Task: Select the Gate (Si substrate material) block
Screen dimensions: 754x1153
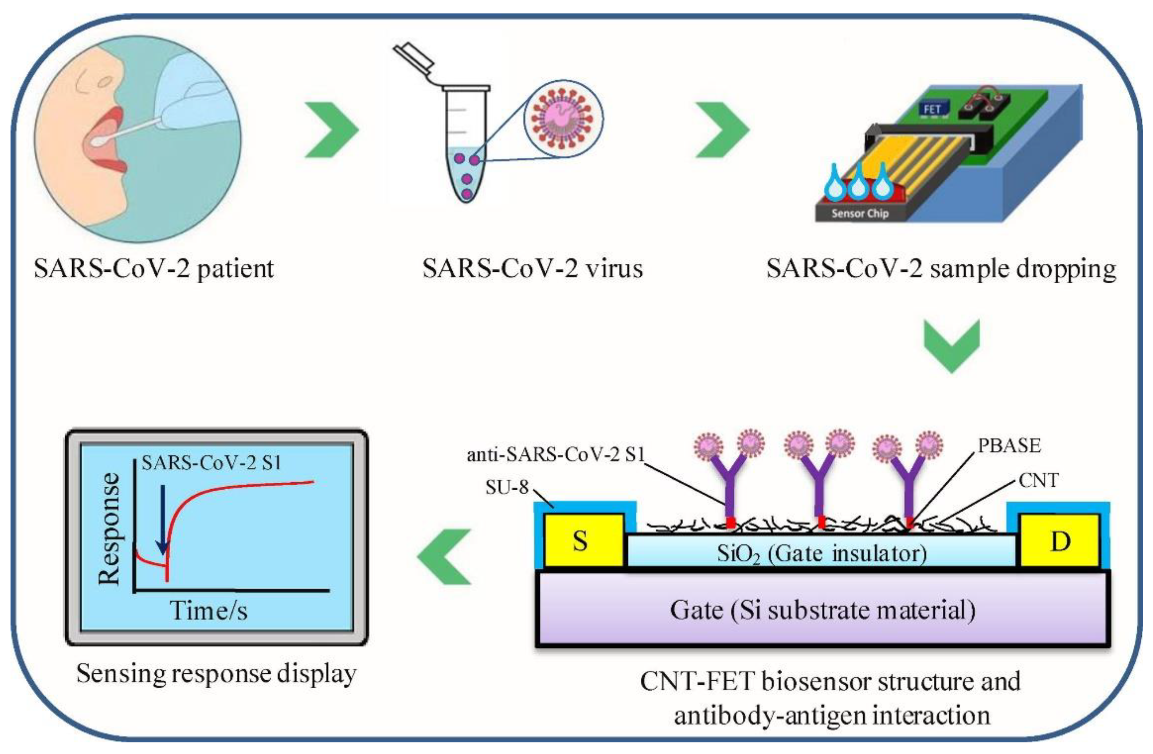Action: point(822,609)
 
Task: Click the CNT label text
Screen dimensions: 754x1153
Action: point(1038,481)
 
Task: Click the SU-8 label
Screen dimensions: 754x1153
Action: point(507,487)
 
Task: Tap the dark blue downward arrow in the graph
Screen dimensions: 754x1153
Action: point(163,519)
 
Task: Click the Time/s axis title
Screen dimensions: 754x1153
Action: point(208,610)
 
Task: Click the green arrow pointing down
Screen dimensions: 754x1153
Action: point(952,345)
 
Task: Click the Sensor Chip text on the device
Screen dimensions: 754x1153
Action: point(860,213)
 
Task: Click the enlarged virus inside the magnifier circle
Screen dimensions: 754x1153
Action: point(562,119)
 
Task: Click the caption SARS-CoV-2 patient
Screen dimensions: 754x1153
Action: point(154,268)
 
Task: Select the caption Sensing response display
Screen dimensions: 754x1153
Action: point(217,674)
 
